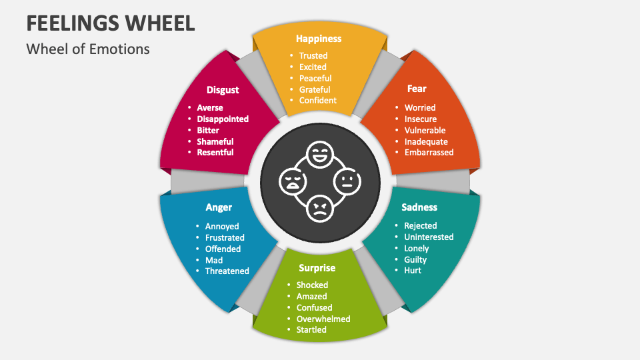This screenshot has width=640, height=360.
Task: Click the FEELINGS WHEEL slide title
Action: (111, 22)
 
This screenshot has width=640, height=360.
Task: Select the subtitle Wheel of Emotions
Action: (88, 49)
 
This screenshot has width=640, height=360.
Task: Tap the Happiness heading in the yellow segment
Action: (319, 39)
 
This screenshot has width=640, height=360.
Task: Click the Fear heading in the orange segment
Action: (417, 88)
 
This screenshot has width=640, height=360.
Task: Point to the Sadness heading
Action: (419, 207)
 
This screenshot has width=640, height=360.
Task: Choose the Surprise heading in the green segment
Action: (317, 268)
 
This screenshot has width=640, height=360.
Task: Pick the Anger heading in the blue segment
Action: (219, 207)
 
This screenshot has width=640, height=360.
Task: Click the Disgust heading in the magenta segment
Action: (223, 89)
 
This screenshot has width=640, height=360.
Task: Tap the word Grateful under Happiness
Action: (315, 89)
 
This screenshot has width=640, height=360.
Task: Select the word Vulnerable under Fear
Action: (425, 130)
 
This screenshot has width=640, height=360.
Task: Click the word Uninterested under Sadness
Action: (429, 237)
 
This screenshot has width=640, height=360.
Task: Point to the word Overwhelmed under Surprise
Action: (323, 319)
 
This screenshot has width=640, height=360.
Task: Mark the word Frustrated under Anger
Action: (225, 237)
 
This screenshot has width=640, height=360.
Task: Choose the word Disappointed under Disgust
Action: (223, 119)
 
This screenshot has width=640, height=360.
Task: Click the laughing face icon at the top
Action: (319, 156)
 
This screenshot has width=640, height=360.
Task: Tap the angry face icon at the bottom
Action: (319, 208)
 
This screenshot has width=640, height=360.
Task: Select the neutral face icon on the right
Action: (346, 181)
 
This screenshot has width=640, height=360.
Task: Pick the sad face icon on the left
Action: (293, 181)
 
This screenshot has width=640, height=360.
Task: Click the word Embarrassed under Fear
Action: (429, 152)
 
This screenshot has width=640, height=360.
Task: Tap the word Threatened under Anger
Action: (227, 271)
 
